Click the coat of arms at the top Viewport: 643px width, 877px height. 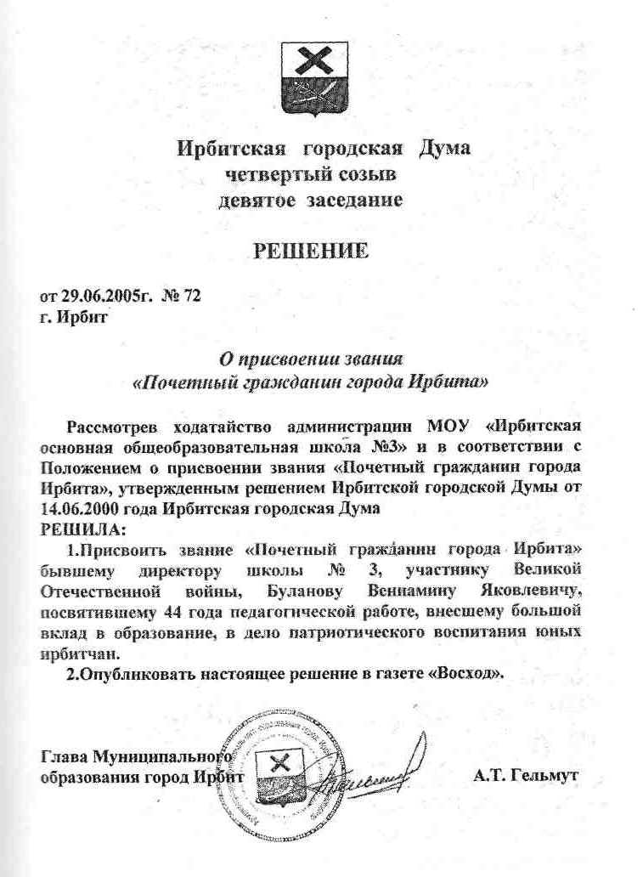coord(321,78)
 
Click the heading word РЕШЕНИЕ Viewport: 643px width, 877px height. coord(312,252)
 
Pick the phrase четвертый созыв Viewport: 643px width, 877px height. coord(311,175)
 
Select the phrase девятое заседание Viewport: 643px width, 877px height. coord(311,201)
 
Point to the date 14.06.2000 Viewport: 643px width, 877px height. coord(77,507)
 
